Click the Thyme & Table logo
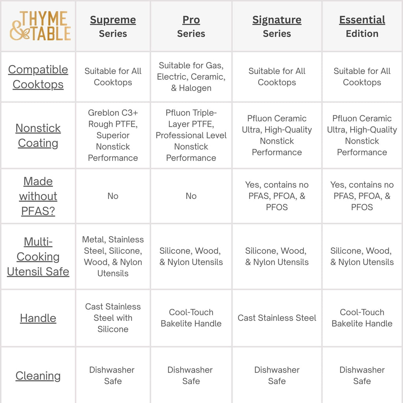[x=40, y=26]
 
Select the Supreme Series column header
[x=113, y=26]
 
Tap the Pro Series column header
[x=191, y=26]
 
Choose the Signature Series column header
[x=277, y=26]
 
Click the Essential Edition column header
[x=362, y=26]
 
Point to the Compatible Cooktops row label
[x=38, y=77]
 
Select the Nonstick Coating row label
[x=38, y=135]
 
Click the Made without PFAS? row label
[x=38, y=196]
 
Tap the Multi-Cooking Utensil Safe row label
[x=38, y=257]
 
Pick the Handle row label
[x=38, y=318]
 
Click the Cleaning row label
[x=38, y=376]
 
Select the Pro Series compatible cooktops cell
[x=191, y=77]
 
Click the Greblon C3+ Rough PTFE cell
[x=113, y=135]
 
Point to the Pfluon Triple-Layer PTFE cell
[x=191, y=135]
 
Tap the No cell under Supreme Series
[x=113, y=196]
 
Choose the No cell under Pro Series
[x=191, y=196]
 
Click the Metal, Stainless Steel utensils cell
[x=113, y=257]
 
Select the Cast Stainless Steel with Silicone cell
[x=113, y=318]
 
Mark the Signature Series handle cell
[x=277, y=318]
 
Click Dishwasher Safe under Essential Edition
[x=362, y=375]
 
